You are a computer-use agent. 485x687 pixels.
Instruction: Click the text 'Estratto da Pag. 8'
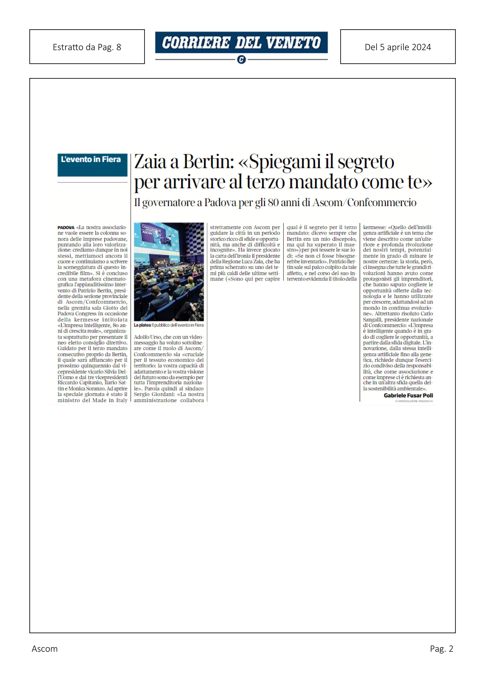87,47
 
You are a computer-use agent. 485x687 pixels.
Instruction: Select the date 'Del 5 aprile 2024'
398,47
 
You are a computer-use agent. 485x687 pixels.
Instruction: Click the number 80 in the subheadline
274,203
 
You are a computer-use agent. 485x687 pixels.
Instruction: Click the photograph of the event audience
169,272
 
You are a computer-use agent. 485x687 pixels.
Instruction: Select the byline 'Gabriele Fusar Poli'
408,395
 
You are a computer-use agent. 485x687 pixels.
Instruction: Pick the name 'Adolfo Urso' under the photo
147,337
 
